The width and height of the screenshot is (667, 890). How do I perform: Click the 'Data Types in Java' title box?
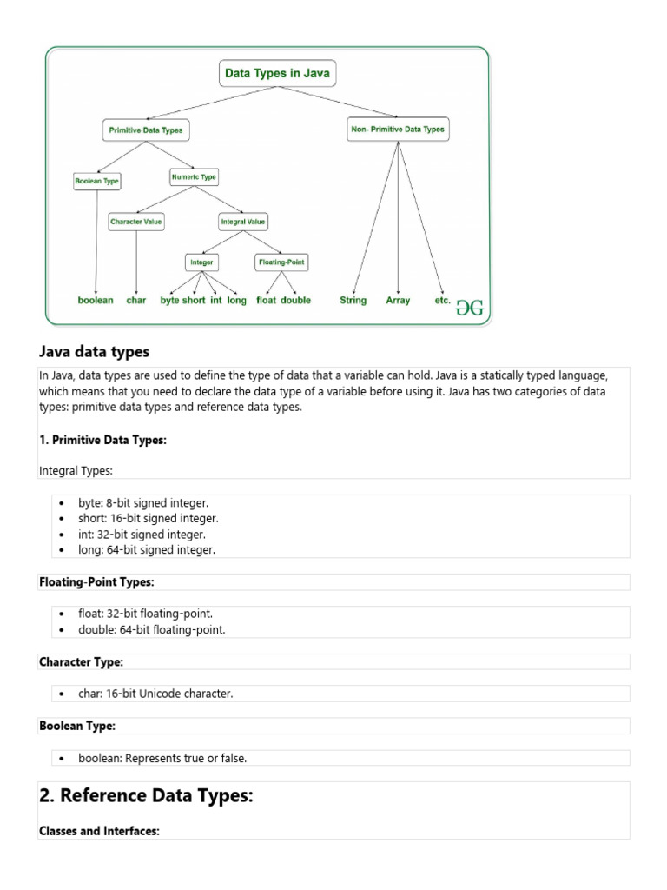tap(277, 74)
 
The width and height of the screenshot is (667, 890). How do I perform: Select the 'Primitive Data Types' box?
tap(145, 130)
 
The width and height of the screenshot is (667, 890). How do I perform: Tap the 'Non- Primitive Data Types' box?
tap(398, 130)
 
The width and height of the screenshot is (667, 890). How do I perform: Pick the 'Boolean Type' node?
tap(97, 181)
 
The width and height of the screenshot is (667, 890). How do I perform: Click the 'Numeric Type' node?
tap(194, 177)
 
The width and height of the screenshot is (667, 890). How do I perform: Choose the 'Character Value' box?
tap(136, 222)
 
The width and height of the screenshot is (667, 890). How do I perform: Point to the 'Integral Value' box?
tap(243, 222)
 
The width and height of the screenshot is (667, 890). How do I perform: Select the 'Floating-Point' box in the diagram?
tap(281, 262)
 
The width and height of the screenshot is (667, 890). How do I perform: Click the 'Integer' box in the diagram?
tap(201, 262)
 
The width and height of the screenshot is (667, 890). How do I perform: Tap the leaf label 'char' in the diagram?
tap(136, 301)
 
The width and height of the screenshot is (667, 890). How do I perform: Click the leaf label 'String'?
tap(353, 301)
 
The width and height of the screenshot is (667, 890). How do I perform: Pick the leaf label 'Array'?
tap(398, 301)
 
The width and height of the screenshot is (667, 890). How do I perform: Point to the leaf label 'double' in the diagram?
tap(296, 301)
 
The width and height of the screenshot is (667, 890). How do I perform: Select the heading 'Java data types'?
tap(95, 352)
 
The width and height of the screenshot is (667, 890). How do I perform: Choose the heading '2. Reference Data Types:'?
tap(146, 796)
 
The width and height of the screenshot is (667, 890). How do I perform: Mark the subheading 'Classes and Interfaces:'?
tap(99, 831)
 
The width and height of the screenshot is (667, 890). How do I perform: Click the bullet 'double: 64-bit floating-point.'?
tap(151, 630)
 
